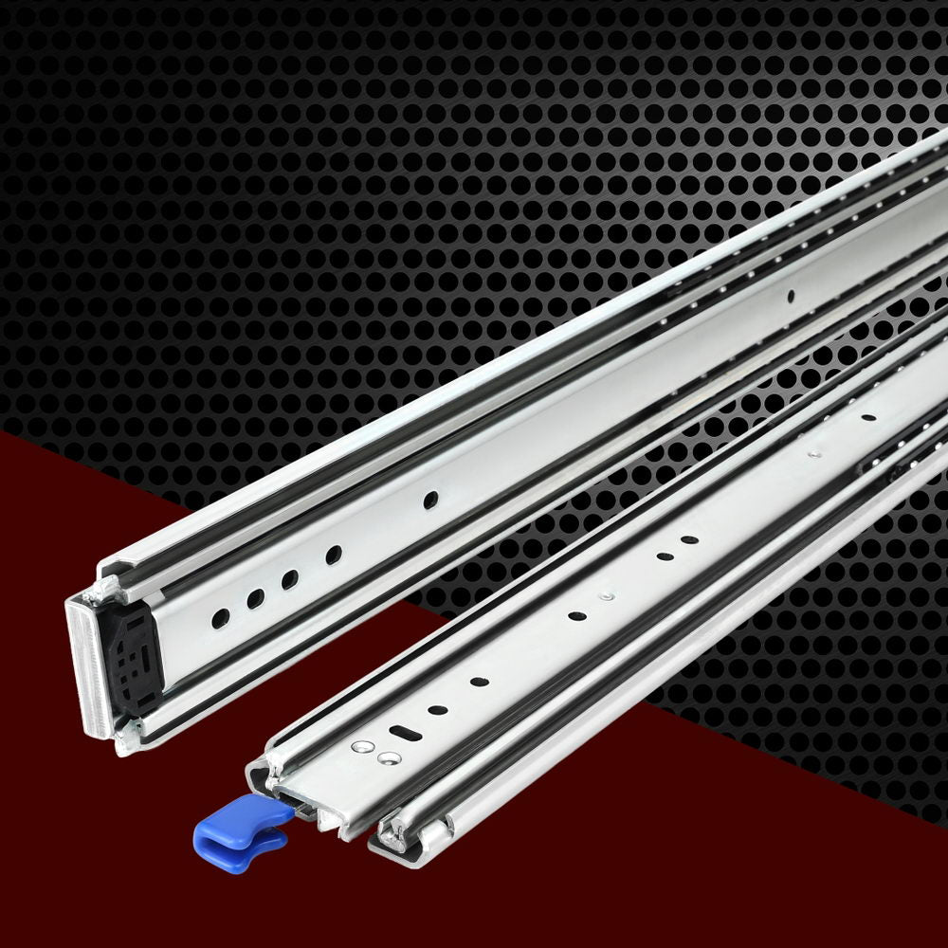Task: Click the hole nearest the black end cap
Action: [x=220, y=618]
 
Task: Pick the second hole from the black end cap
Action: [x=256, y=598]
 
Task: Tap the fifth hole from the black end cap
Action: [x=431, y=498]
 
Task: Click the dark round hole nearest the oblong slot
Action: [x=438, y=708]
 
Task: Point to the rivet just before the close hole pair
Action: [x=605, y=597]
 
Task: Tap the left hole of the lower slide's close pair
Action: [x=665, y=556]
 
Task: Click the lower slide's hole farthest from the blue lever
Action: [x=868, y=416]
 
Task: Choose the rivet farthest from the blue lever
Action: [x=812, y=454]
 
